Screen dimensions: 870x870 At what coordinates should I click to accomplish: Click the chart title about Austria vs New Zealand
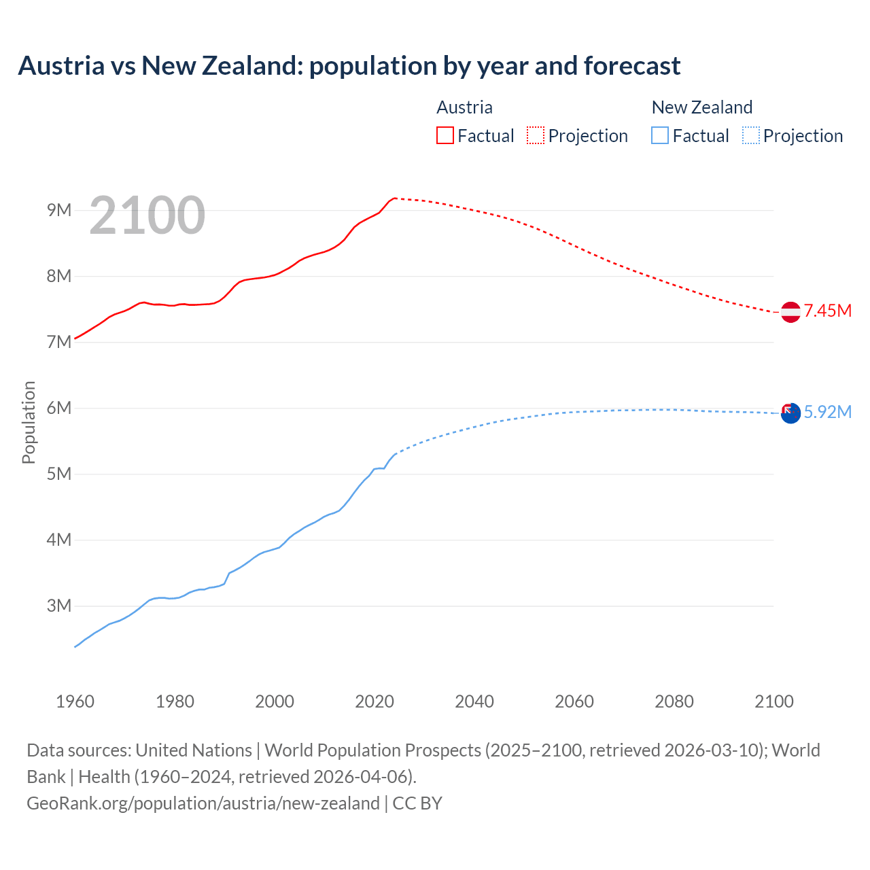point(349,66)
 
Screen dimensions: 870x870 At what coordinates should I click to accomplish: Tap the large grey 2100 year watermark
point(147,215)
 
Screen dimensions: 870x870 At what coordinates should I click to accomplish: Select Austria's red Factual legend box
point(445,135)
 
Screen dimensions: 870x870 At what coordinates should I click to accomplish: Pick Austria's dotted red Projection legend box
point(536,135)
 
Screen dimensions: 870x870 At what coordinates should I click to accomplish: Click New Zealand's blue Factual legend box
point(659,135)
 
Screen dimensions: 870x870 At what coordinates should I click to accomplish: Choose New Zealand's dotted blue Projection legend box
point(750,135)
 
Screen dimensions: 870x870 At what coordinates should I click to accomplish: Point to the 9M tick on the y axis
point(59,210)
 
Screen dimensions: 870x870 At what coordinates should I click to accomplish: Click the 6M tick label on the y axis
point(59,408)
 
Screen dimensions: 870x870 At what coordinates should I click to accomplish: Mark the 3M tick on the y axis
point(59,606)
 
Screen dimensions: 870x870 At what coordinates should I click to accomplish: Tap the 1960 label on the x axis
point(75,701)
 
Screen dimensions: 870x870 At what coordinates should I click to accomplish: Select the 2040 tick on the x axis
point(474,701)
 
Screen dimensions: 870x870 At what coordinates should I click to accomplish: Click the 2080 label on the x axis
point(674,701)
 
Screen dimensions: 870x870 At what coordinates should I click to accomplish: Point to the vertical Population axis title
point(29,422)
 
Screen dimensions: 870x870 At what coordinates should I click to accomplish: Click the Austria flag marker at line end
point(790,312)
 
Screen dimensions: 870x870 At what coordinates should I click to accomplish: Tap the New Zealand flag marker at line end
point(790,413)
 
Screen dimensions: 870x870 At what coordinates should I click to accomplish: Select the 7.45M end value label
point(828,311)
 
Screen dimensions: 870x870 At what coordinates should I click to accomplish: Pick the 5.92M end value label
point(828,413)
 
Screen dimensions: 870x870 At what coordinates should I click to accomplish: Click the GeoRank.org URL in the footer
point(203,803)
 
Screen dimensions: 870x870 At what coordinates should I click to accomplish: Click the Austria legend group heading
point(464,107)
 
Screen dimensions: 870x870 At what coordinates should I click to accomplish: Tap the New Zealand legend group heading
point(701,107)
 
